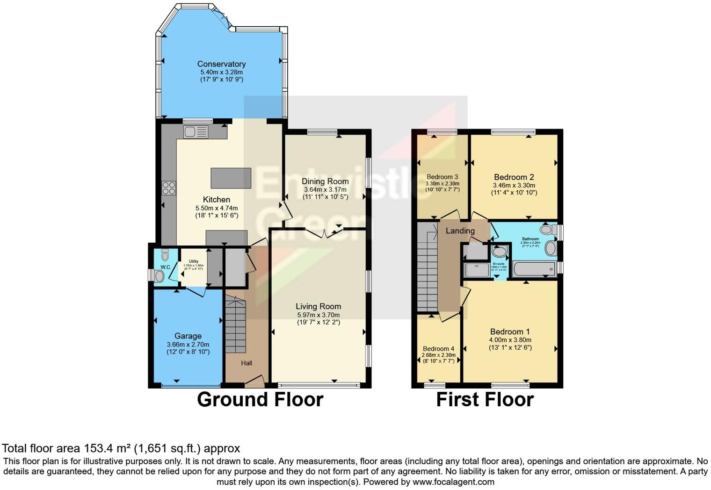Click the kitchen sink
196,132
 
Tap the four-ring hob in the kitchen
169,188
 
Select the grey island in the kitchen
231,178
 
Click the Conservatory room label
221,64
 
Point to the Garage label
188,336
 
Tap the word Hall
247,363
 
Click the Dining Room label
325,181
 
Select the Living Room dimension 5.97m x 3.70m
318,315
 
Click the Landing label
460,231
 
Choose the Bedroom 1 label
510,331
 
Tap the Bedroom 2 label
514,177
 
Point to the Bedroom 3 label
442,177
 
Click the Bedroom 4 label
438,349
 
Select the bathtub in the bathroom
534,269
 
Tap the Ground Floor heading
260,400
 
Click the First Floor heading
485,400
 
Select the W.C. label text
166,267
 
